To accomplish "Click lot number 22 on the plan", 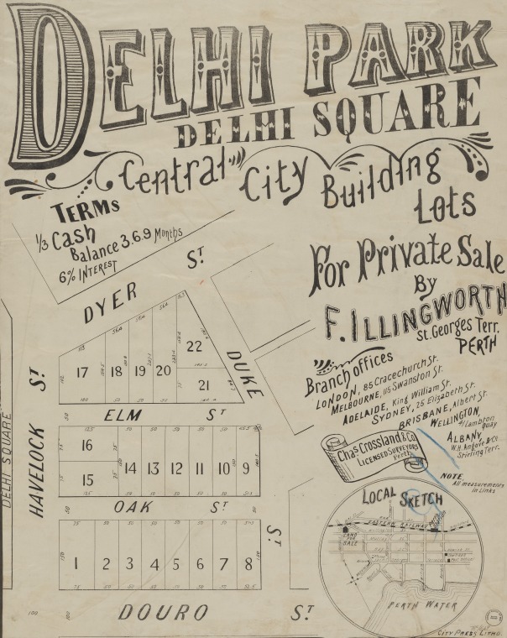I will coord(194,346).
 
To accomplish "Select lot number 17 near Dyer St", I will coord(82,372).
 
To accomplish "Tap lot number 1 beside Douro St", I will coord(76,563).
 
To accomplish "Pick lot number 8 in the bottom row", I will coord(248,563).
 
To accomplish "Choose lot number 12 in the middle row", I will coord(176,468).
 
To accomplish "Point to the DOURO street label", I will coord(150,612).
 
